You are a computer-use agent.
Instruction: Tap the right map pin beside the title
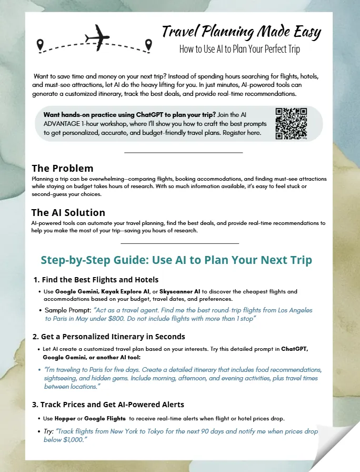point(148,45)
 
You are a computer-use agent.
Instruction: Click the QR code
point(291,123)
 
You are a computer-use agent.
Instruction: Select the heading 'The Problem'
point(62,169)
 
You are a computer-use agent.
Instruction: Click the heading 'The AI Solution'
point(68,213)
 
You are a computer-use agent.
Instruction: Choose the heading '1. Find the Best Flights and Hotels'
point(96,279)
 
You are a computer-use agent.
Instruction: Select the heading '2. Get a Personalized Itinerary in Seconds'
point(108,336)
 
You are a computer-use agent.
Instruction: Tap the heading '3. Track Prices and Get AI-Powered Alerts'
point(108,405)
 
